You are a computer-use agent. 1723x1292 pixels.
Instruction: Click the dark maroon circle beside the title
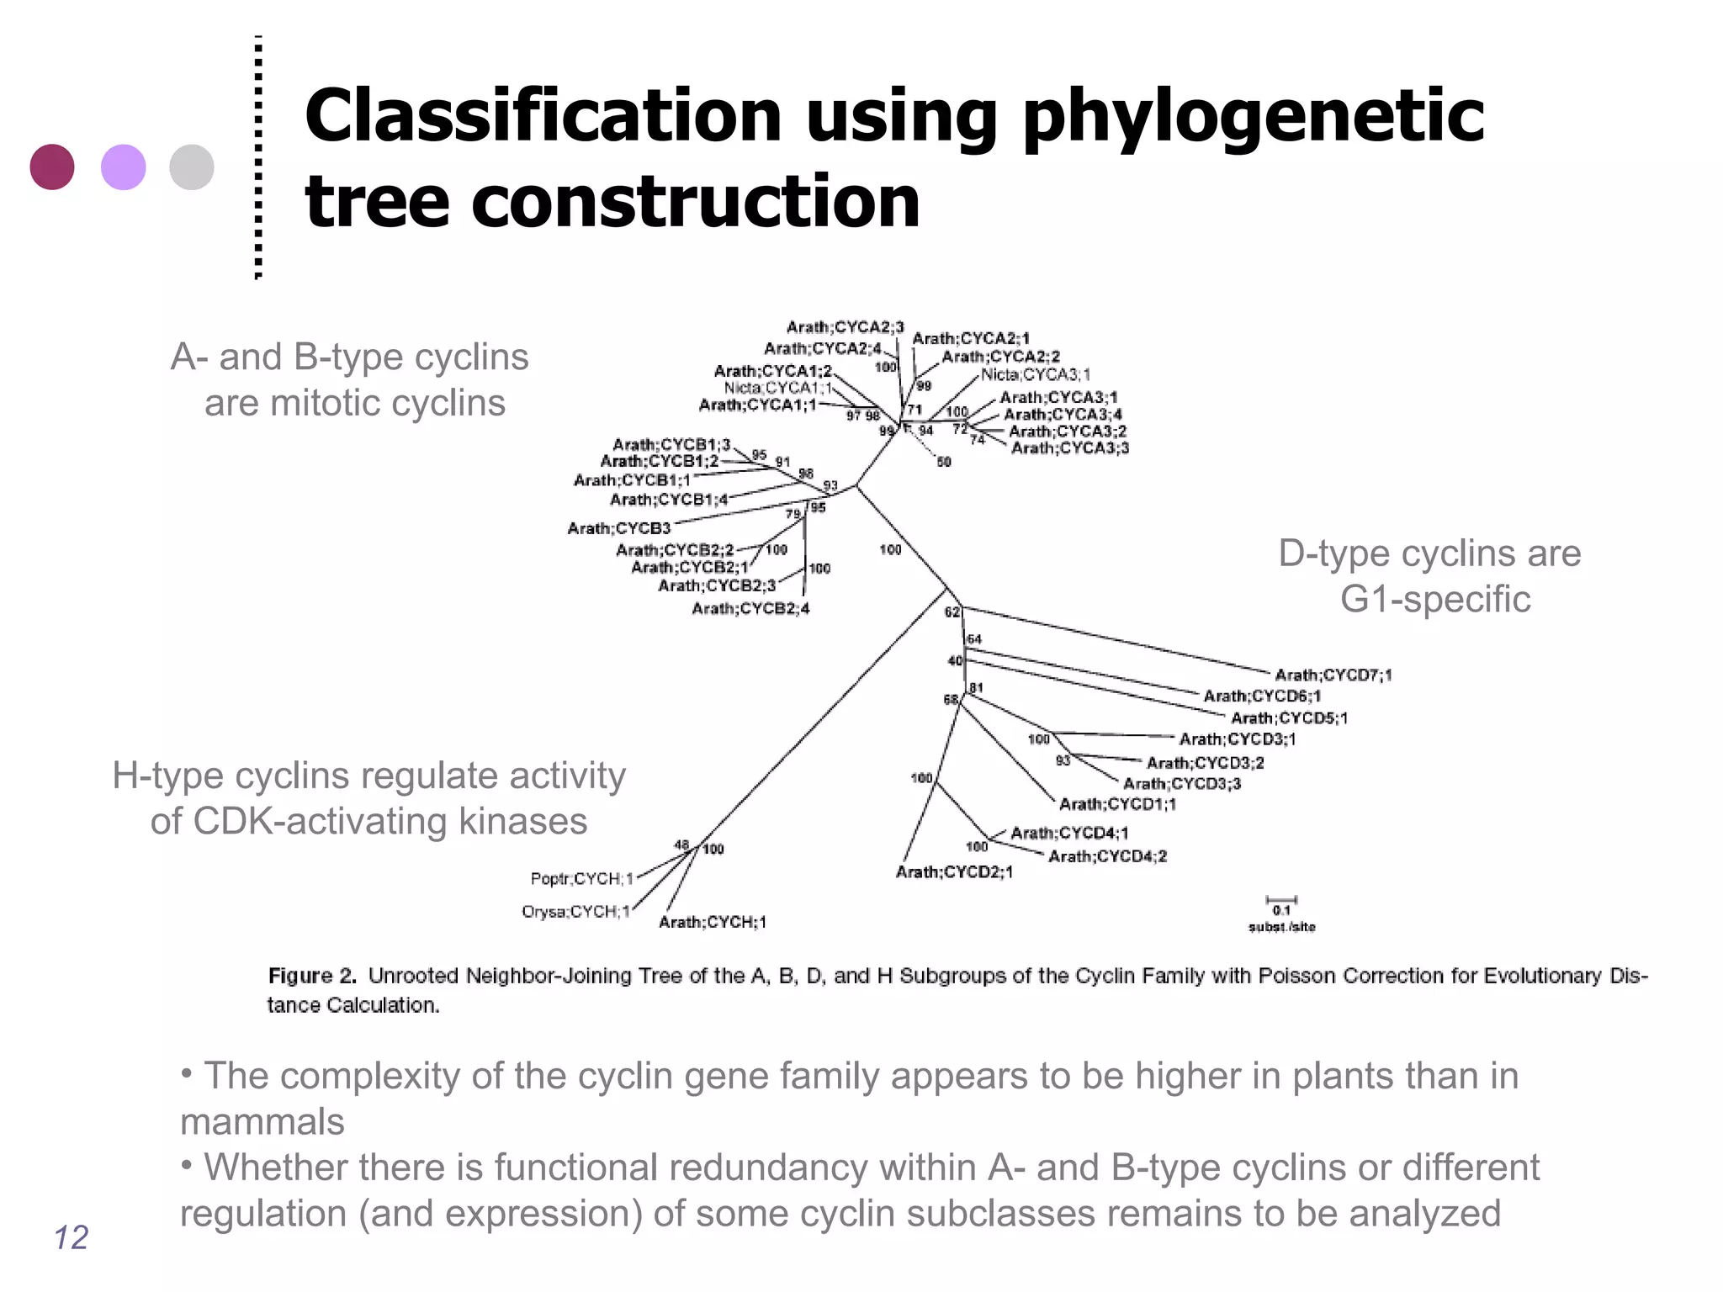52,167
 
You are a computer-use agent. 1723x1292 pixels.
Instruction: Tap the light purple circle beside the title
123,167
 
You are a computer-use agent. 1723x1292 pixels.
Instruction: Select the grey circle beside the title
192,167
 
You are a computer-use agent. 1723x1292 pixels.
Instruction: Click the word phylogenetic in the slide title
1253,118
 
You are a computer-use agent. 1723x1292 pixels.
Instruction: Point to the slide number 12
71,1237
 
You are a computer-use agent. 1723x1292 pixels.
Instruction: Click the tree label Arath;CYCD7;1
1333,675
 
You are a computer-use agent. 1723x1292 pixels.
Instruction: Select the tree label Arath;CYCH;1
713,923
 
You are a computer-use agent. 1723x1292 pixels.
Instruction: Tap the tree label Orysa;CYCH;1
576,912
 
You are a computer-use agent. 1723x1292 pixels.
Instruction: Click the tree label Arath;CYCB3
619,528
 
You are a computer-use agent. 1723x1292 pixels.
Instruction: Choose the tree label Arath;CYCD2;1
954,872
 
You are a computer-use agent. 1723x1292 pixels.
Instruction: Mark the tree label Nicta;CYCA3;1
1036,374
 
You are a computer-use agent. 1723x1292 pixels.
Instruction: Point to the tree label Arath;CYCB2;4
750,608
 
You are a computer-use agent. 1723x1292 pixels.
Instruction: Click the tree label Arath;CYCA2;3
845,327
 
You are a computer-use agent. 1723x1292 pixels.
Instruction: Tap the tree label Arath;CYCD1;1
1117,804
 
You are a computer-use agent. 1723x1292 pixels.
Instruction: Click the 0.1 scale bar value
1281,911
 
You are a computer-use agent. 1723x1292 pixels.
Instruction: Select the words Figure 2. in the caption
312,976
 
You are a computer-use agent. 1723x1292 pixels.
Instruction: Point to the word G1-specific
1435,599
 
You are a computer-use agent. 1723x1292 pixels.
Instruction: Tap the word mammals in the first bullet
262,1121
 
